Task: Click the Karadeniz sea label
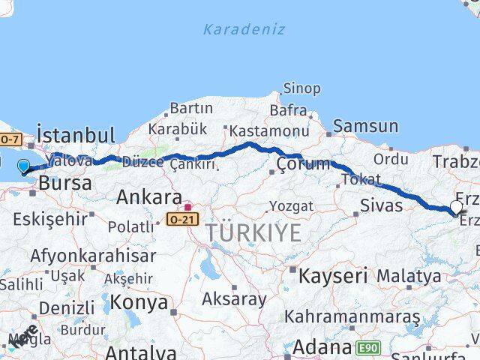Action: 244,29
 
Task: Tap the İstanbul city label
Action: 76,136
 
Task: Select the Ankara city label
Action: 148,198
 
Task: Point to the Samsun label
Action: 365,126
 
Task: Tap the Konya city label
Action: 139,302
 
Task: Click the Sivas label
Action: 381,205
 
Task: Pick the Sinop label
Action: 301,88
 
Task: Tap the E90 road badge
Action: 369,347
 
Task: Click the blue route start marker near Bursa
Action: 23,166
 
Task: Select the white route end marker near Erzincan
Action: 456,207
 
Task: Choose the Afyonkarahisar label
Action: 93,256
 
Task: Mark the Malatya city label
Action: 409,275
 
